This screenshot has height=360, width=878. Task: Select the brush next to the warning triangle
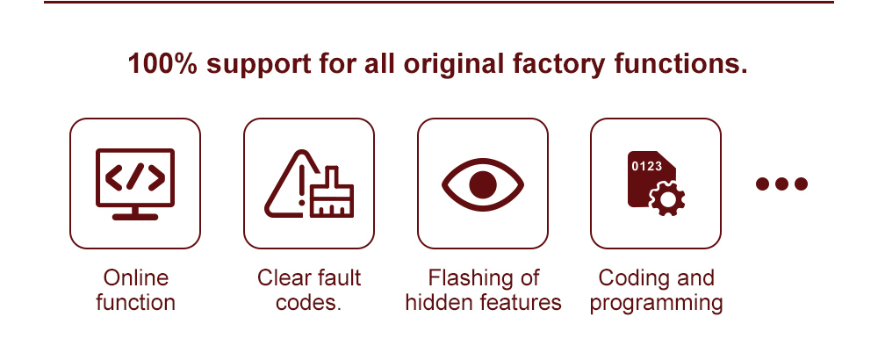[332, 191]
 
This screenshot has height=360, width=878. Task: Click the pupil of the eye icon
[483, 184]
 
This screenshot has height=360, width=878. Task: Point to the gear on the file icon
[667, 198]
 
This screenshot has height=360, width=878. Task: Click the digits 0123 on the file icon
[647, 166]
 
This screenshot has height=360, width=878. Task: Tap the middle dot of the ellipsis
[781, 184]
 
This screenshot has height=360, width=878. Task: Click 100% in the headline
[162, 64]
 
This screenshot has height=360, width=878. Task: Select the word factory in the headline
[558, 64]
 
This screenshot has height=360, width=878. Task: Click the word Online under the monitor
[136, 277]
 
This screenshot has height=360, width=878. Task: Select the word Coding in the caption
[631, 278]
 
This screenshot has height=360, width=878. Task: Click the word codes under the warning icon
[306, 302]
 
